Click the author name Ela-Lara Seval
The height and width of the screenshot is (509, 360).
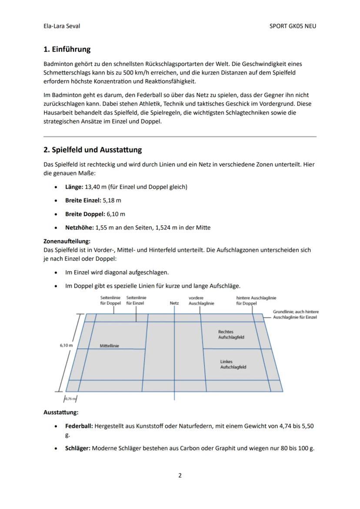(62, 26)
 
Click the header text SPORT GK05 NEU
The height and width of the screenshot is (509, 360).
(293, 26)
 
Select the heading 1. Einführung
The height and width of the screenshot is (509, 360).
(67, 49)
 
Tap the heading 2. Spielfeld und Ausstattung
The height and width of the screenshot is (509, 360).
(93, 150)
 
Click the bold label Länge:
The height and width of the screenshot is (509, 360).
(74, 187)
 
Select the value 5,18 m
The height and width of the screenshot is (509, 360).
(112, 200)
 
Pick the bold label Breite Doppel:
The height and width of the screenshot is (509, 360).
(85, 214)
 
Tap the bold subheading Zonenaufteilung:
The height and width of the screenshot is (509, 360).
(67, 241)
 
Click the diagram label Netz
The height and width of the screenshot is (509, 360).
(174, 303)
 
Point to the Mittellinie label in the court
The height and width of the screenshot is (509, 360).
(109, 346)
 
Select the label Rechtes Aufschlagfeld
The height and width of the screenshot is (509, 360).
(231, 334)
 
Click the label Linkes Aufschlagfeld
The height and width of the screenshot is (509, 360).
(233, 364)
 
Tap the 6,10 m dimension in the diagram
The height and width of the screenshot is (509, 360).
(66, 345)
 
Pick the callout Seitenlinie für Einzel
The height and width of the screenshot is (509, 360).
(136, 300)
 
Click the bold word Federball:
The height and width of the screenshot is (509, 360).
(79, 426)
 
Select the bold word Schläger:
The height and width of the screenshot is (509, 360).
(78, 448)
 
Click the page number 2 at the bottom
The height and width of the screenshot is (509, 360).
(180, 476)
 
